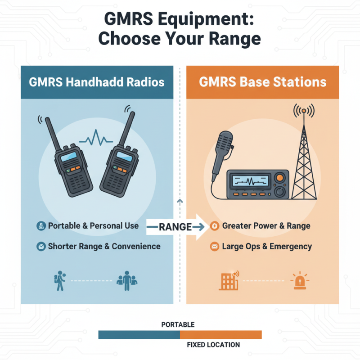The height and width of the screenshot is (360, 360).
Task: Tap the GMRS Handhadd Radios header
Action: pyautogui.click(x=97, y=82)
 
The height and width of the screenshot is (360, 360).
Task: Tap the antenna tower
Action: pyautogui.click(x=304, y=157)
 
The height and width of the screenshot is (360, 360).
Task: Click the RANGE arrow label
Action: pyautogui.click(x=175, y=227)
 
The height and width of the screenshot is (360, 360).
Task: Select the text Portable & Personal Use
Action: pyautogui.click(x=93, y=225)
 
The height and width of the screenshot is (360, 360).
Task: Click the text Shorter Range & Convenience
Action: pyautogui.click(x=104, y=246)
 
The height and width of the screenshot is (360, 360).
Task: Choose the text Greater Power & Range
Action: pyautogui.click(x=266, y=225)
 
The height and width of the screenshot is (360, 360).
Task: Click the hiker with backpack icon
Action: pyautogui.click(x=59, y=280)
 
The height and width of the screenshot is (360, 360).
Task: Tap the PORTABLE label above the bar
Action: pyautogui.click(x=178, y=324)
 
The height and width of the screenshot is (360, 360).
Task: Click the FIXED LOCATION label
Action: pyautogui.click(x=213, y=345)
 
